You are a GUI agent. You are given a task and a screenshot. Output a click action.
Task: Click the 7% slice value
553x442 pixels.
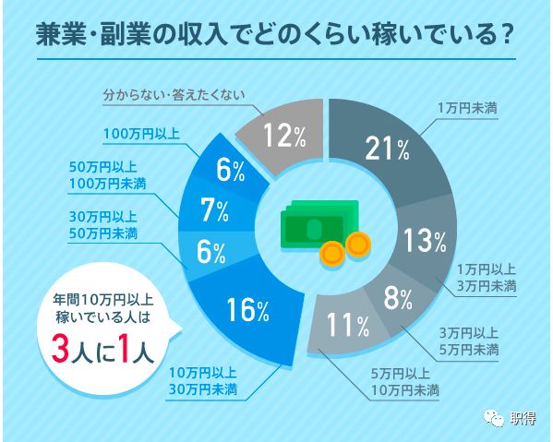(x=214, y=211)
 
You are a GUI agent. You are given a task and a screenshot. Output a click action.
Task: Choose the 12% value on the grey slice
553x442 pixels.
(x=284, y=136)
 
